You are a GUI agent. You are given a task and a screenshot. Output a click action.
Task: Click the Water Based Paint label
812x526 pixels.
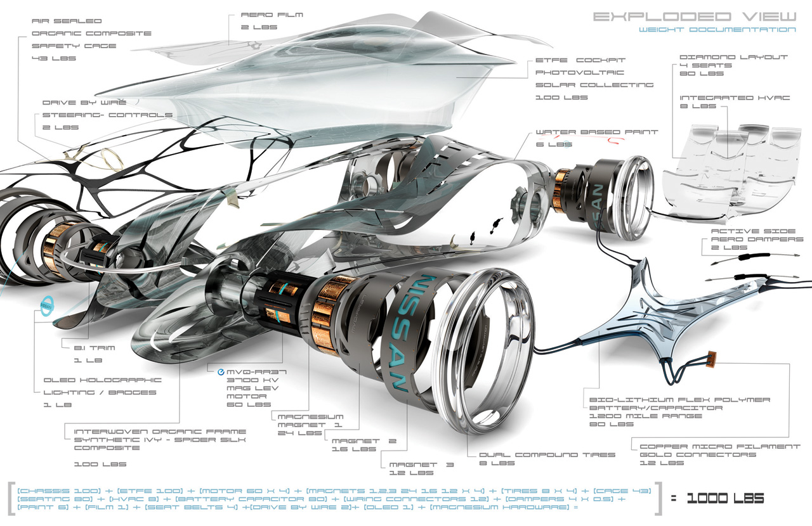coord(596,132)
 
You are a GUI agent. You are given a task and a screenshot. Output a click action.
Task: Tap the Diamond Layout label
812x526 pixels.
coord(733,56)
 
